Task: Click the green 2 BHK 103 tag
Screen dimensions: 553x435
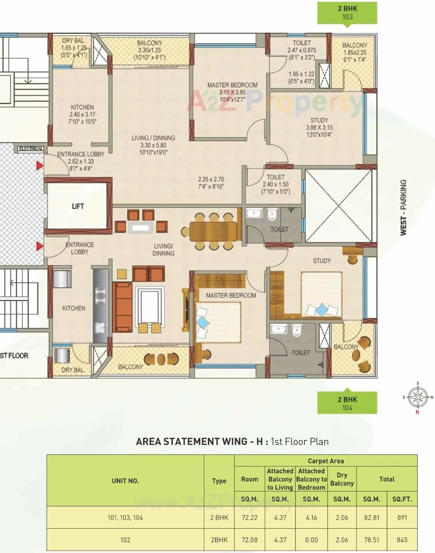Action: pyautogui.click(x=347, y=13)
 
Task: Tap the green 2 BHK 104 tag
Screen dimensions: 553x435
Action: pyautogui.click(x=347, y=403)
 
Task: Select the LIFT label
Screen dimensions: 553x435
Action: pyautogui.click(x=78, y=206)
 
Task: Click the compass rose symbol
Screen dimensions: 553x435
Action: pyautogui.click(x=418, y=397)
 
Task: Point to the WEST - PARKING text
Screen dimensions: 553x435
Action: pyautogui.click(x=404, y=207)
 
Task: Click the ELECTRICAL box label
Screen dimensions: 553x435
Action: pyautogui.click(x=31, y=148)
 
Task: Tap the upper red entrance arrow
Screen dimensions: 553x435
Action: pyautogui.click(x=39, y=166)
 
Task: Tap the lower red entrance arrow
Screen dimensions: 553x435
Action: pyautogui.click(x=39, y=246)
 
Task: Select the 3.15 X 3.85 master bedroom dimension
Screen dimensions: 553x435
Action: pyautogui.click(x=232, y=92)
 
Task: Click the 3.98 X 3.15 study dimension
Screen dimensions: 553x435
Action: pyautogui.click(x=319, y=127)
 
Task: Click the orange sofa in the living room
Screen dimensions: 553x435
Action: pyautogui.click(x=122, y=307)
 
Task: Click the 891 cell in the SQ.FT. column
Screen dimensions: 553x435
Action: pyautogui.click(x=402, y=517)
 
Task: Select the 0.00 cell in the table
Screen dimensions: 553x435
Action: pyautogui.click(x=311, y=540)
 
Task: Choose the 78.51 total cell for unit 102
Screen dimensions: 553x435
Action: pyautogui.click(x=371, y=540)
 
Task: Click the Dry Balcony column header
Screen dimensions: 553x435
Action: pyautogui.click(x=342, y=479)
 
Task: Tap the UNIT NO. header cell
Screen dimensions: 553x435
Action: pyautogui.click(x=125, y=481)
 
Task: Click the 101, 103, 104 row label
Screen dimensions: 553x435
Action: pyautogui.click(x=125, y=517)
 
